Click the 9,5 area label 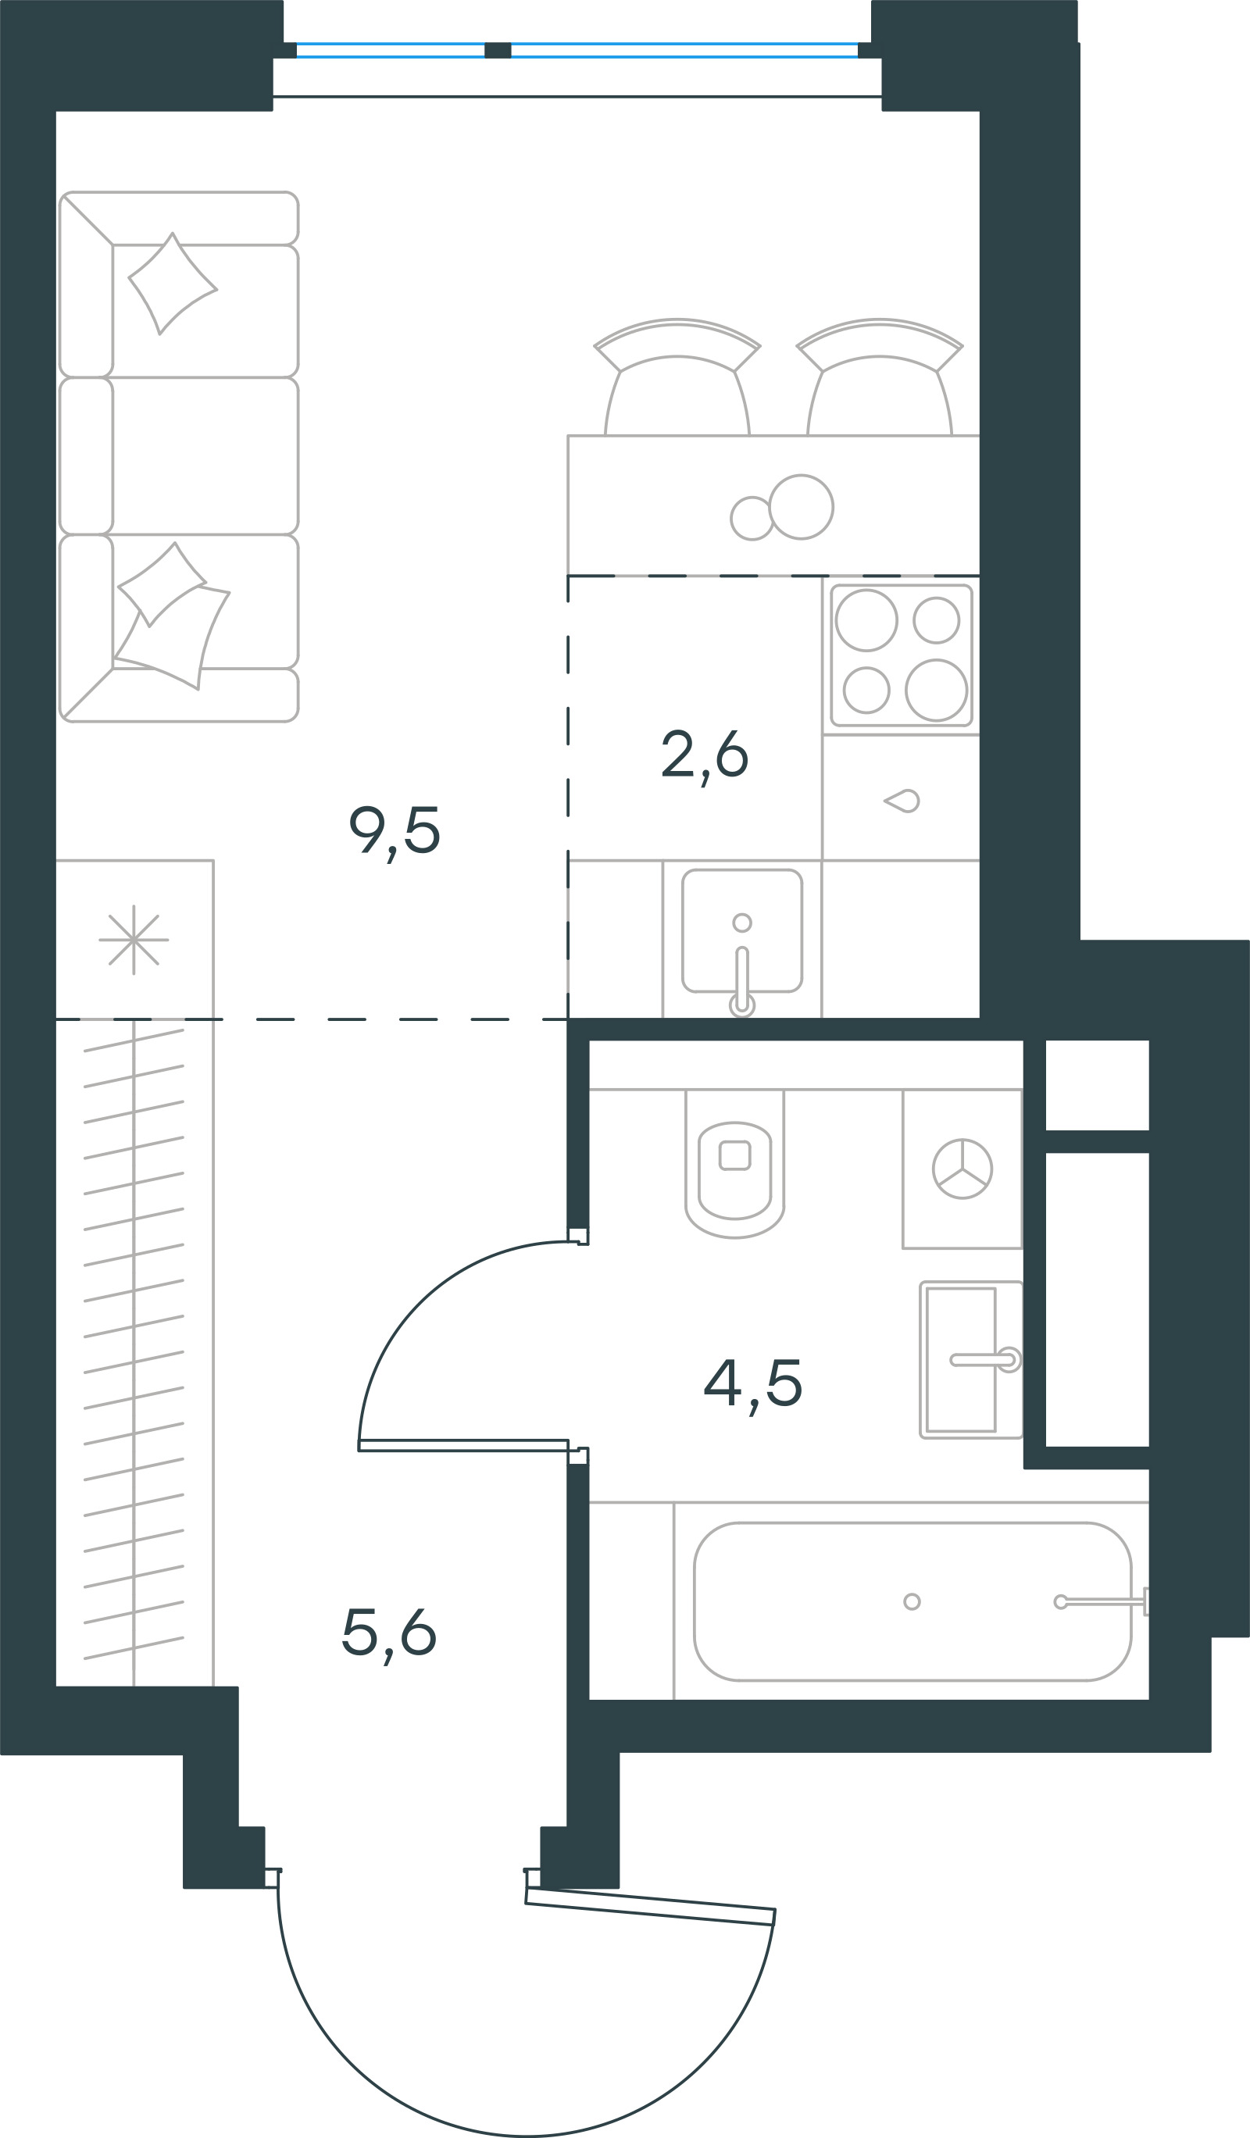coord(395,834)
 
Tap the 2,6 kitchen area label coord(705,758)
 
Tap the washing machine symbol coord(962,1169)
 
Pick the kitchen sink coord(741,930)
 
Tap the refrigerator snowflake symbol coord(134,940)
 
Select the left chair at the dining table coord(677,377)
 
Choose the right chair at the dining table coord(879,377)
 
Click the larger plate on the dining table coord(801,506)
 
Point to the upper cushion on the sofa coord(173,284)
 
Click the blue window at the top coord(577,50)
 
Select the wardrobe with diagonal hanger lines coord(134,1352)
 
